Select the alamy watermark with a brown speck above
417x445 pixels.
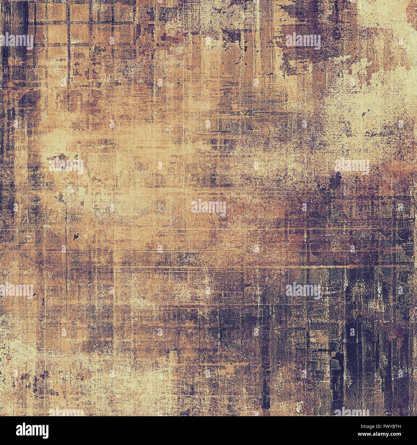point(66,166)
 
